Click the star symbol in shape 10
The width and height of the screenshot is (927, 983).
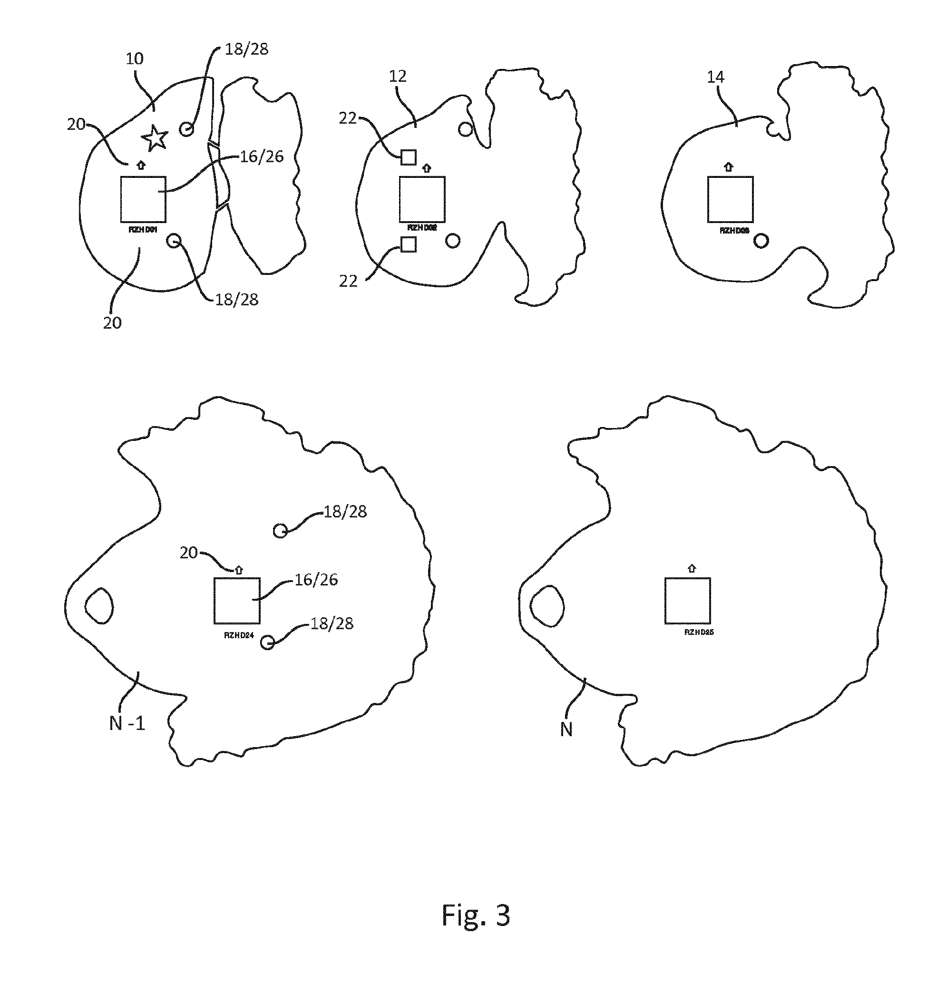coord(155,138)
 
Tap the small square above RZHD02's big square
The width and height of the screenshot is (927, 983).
coord(408,157)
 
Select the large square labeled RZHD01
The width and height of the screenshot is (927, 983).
coord(143,199)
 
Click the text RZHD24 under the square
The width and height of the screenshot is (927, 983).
coord(239,635)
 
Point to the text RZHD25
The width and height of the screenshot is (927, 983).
coord(699,632)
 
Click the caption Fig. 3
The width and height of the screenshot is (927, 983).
coord(476,915)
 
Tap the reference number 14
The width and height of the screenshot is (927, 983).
coord(715,77)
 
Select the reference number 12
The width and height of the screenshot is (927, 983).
coord(398,76)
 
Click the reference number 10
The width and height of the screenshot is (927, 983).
coord(135,59)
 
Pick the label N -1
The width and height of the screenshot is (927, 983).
coord(127,724)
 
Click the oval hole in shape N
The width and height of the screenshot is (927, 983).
coord(547,605)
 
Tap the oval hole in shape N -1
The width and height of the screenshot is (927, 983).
coord(99,605)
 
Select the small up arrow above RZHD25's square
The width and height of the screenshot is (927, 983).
coord(692,569)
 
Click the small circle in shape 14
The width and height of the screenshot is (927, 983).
coord(761,241)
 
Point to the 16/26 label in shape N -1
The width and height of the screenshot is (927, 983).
coord(316,580)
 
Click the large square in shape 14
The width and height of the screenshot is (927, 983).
coord(730,199)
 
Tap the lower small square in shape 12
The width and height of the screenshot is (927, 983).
coord(408,244)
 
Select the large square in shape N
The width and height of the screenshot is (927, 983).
coord(687,600)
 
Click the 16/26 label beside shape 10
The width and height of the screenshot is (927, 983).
coord(262,157)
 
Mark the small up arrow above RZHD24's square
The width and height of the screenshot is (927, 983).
coord(239,570)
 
